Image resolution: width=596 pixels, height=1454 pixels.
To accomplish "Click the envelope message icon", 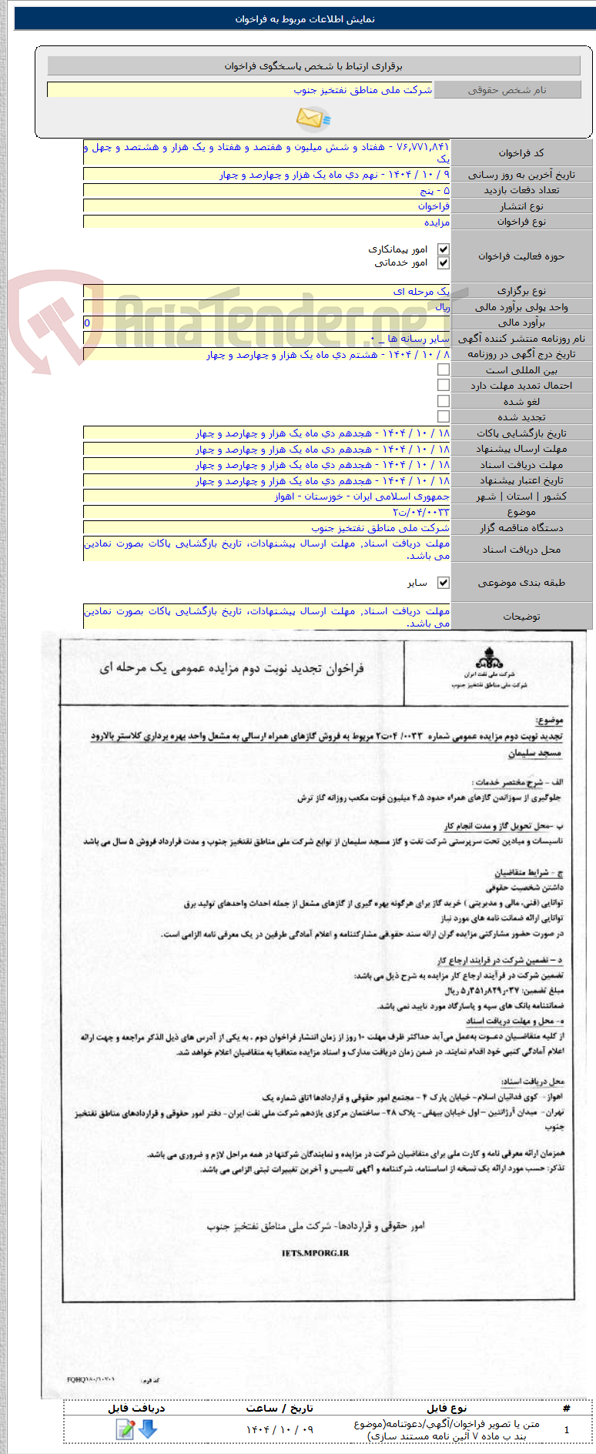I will (x=312, y=119).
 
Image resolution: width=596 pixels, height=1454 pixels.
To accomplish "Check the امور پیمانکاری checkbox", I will (x=443, y=249).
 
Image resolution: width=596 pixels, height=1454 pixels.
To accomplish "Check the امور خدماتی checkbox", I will (x=443, y=263).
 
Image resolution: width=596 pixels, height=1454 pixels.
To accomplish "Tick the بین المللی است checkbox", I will (x=444, y=369).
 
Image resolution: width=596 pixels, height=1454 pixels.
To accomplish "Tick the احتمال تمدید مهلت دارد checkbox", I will (x=444, y=385).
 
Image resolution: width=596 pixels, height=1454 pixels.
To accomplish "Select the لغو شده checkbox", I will (x=444, y=401).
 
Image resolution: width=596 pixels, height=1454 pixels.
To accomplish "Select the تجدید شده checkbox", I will (x=444, y=416).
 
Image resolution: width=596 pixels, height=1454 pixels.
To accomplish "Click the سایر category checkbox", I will (x=444, y=583).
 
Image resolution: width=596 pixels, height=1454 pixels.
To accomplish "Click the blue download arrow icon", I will (x=148, y=1429).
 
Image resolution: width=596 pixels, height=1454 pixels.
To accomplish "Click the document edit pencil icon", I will (x=125, y=1429).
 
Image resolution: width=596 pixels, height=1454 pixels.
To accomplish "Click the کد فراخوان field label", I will (x=521, y=153).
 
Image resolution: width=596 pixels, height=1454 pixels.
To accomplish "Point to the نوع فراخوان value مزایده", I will (x=437, y=222).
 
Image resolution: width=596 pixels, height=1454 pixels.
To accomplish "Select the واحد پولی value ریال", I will (x=442, y=307).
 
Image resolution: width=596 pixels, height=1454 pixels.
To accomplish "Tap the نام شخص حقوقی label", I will (x=507, y=90).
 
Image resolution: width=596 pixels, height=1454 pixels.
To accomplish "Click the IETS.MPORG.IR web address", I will (x=315, y=1253).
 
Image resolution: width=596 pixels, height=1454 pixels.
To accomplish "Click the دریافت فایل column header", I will (x=136, y=1408).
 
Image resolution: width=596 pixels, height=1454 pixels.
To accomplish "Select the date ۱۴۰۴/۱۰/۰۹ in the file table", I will (x=280, y=1429).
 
